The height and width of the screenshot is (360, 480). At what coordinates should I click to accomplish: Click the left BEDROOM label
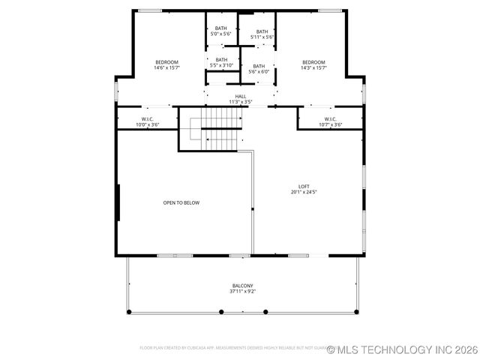(166, 62)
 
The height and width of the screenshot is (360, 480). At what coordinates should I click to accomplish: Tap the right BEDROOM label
(313, 62)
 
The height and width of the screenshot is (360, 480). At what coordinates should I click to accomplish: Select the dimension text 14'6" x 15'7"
(166, 68)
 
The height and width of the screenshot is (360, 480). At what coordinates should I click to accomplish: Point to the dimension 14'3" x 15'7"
(313, 68)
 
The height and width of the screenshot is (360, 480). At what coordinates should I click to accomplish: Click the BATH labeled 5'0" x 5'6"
(220, 28)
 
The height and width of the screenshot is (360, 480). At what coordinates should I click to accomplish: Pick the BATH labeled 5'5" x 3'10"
(221, 60)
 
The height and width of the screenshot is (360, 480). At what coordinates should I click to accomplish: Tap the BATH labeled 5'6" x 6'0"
(259, 66)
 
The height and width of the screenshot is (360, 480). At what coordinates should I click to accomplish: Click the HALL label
(240, 96)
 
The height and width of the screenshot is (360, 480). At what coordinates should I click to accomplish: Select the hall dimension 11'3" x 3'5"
(240, 102)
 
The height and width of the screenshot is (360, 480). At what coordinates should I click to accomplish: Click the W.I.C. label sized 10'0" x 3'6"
(147, 118)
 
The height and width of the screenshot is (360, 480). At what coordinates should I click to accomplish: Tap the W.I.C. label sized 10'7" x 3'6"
(330, 118)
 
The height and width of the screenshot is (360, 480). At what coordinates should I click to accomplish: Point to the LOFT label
(304, 187)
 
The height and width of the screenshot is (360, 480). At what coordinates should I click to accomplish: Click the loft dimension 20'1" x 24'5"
(304, 193)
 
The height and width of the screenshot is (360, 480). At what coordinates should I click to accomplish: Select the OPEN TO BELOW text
(181, 202)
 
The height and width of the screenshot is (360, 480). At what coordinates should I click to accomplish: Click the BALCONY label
(242, 285)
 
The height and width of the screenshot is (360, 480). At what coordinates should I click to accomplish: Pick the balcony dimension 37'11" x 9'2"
(242, 291)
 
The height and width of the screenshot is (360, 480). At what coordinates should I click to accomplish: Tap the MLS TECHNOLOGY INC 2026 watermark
(402, 349)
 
